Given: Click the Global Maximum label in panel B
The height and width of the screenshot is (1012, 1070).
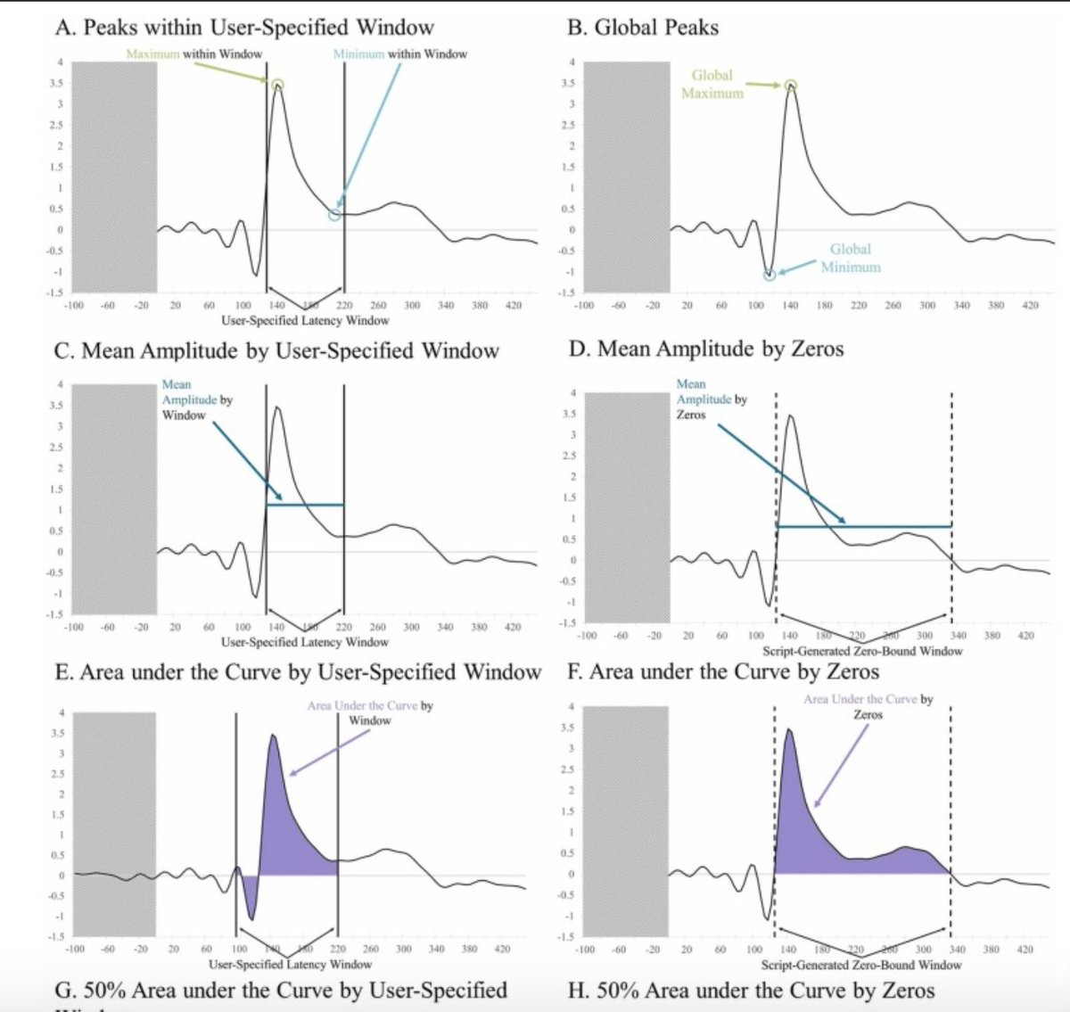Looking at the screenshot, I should [x=712, y=84].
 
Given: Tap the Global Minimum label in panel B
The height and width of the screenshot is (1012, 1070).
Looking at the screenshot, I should [x=850, y=258].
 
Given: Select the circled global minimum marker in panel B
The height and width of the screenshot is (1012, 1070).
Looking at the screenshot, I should [x=770, y=275].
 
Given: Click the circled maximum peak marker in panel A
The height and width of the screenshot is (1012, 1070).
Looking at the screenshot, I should [x=277, y=86].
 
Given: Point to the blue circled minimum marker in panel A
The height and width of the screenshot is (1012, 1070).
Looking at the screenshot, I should [x=334, y=215].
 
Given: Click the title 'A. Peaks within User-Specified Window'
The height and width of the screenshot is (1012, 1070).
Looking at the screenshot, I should [x=244, y=27].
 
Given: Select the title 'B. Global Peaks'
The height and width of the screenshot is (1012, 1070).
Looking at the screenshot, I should [x=642, y=27].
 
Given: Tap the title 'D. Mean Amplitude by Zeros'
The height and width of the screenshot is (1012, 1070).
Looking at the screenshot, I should [x=705, y=349].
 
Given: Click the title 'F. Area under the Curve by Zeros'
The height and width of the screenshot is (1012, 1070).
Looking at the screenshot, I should [x=723, y=671].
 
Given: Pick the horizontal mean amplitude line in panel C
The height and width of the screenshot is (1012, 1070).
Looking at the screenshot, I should [x=305, y=506].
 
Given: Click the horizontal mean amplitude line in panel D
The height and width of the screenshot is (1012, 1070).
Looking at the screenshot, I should [x=863, y=527].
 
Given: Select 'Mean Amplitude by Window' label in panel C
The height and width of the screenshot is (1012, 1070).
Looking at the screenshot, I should [x=196, y=399].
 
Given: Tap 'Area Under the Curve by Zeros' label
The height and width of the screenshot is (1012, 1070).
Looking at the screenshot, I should [x=868, y=706].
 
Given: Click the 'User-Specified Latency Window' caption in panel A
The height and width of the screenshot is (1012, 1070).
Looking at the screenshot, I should [x=305, y=320].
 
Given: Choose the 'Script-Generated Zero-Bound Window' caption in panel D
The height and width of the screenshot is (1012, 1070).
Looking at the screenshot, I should [x=862, y=651].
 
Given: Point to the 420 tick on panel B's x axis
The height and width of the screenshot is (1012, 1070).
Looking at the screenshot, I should [x=1030, y=305].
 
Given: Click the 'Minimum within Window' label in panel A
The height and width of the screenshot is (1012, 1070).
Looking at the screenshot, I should [x=399, y=53].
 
